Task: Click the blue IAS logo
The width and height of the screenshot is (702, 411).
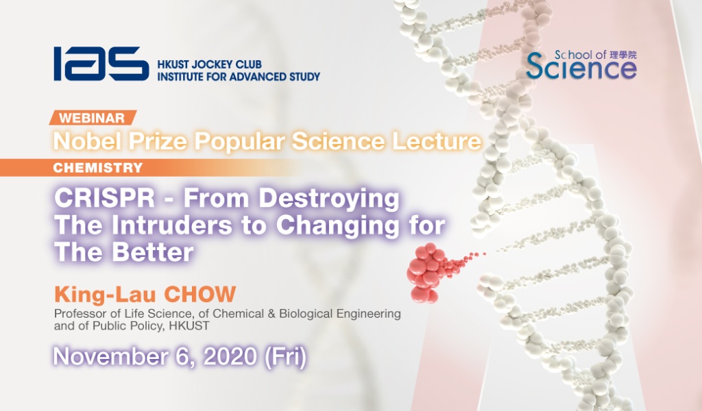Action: (x=101, y=64)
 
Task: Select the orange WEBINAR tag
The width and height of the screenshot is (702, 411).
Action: (x=93, y=118)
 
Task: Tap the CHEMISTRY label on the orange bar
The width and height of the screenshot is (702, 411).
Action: (x=97, y=168)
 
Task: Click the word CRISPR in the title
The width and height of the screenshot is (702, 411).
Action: (x=105, y=198)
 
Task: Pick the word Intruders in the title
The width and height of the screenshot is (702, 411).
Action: (x=172, y=225)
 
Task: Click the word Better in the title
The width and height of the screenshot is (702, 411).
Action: (x=153, y=252)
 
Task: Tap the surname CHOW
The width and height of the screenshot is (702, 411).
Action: (x=199, y=295)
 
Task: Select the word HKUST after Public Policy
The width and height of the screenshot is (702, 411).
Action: (x=189, y=326)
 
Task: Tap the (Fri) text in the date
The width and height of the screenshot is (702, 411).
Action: (x=286, y=357)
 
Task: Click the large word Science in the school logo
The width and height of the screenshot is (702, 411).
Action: (x=581, y=68)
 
